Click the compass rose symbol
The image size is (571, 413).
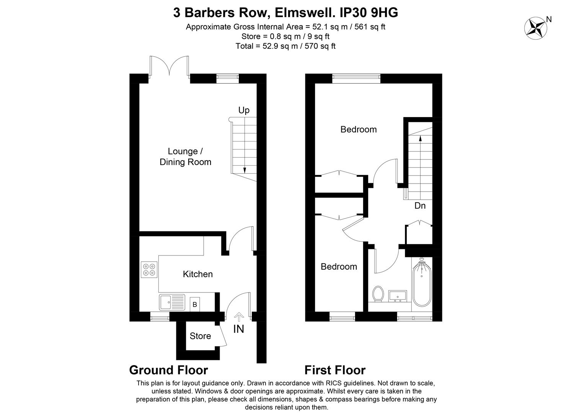click(x=536, y=28)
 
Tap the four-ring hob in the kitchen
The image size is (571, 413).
click(x=149, y=270)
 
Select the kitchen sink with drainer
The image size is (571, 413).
click(x=172, y=302)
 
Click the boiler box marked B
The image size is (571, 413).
click(x=195, y=304)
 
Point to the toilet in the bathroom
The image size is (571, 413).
click(x=378, y=294)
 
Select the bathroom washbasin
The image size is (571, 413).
click(x=398, y=296)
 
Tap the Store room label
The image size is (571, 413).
click(x=201, y=336)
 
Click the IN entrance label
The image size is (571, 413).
click(x=238, y=329)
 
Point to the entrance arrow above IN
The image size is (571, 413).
click(x=239, y=317)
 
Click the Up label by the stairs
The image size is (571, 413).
click(x=244, y=110)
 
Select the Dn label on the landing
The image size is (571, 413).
click(x=420, y=206)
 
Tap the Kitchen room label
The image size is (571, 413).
click(x=198, y=274)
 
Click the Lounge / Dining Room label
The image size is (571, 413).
click(x=186, y=157)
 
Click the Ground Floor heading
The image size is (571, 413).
click(x=168, y=370)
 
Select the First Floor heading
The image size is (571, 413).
click(x=335, y=370)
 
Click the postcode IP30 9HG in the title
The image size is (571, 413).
click(x=369, y=13)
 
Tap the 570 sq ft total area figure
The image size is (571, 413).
click(x=320, y=46)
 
